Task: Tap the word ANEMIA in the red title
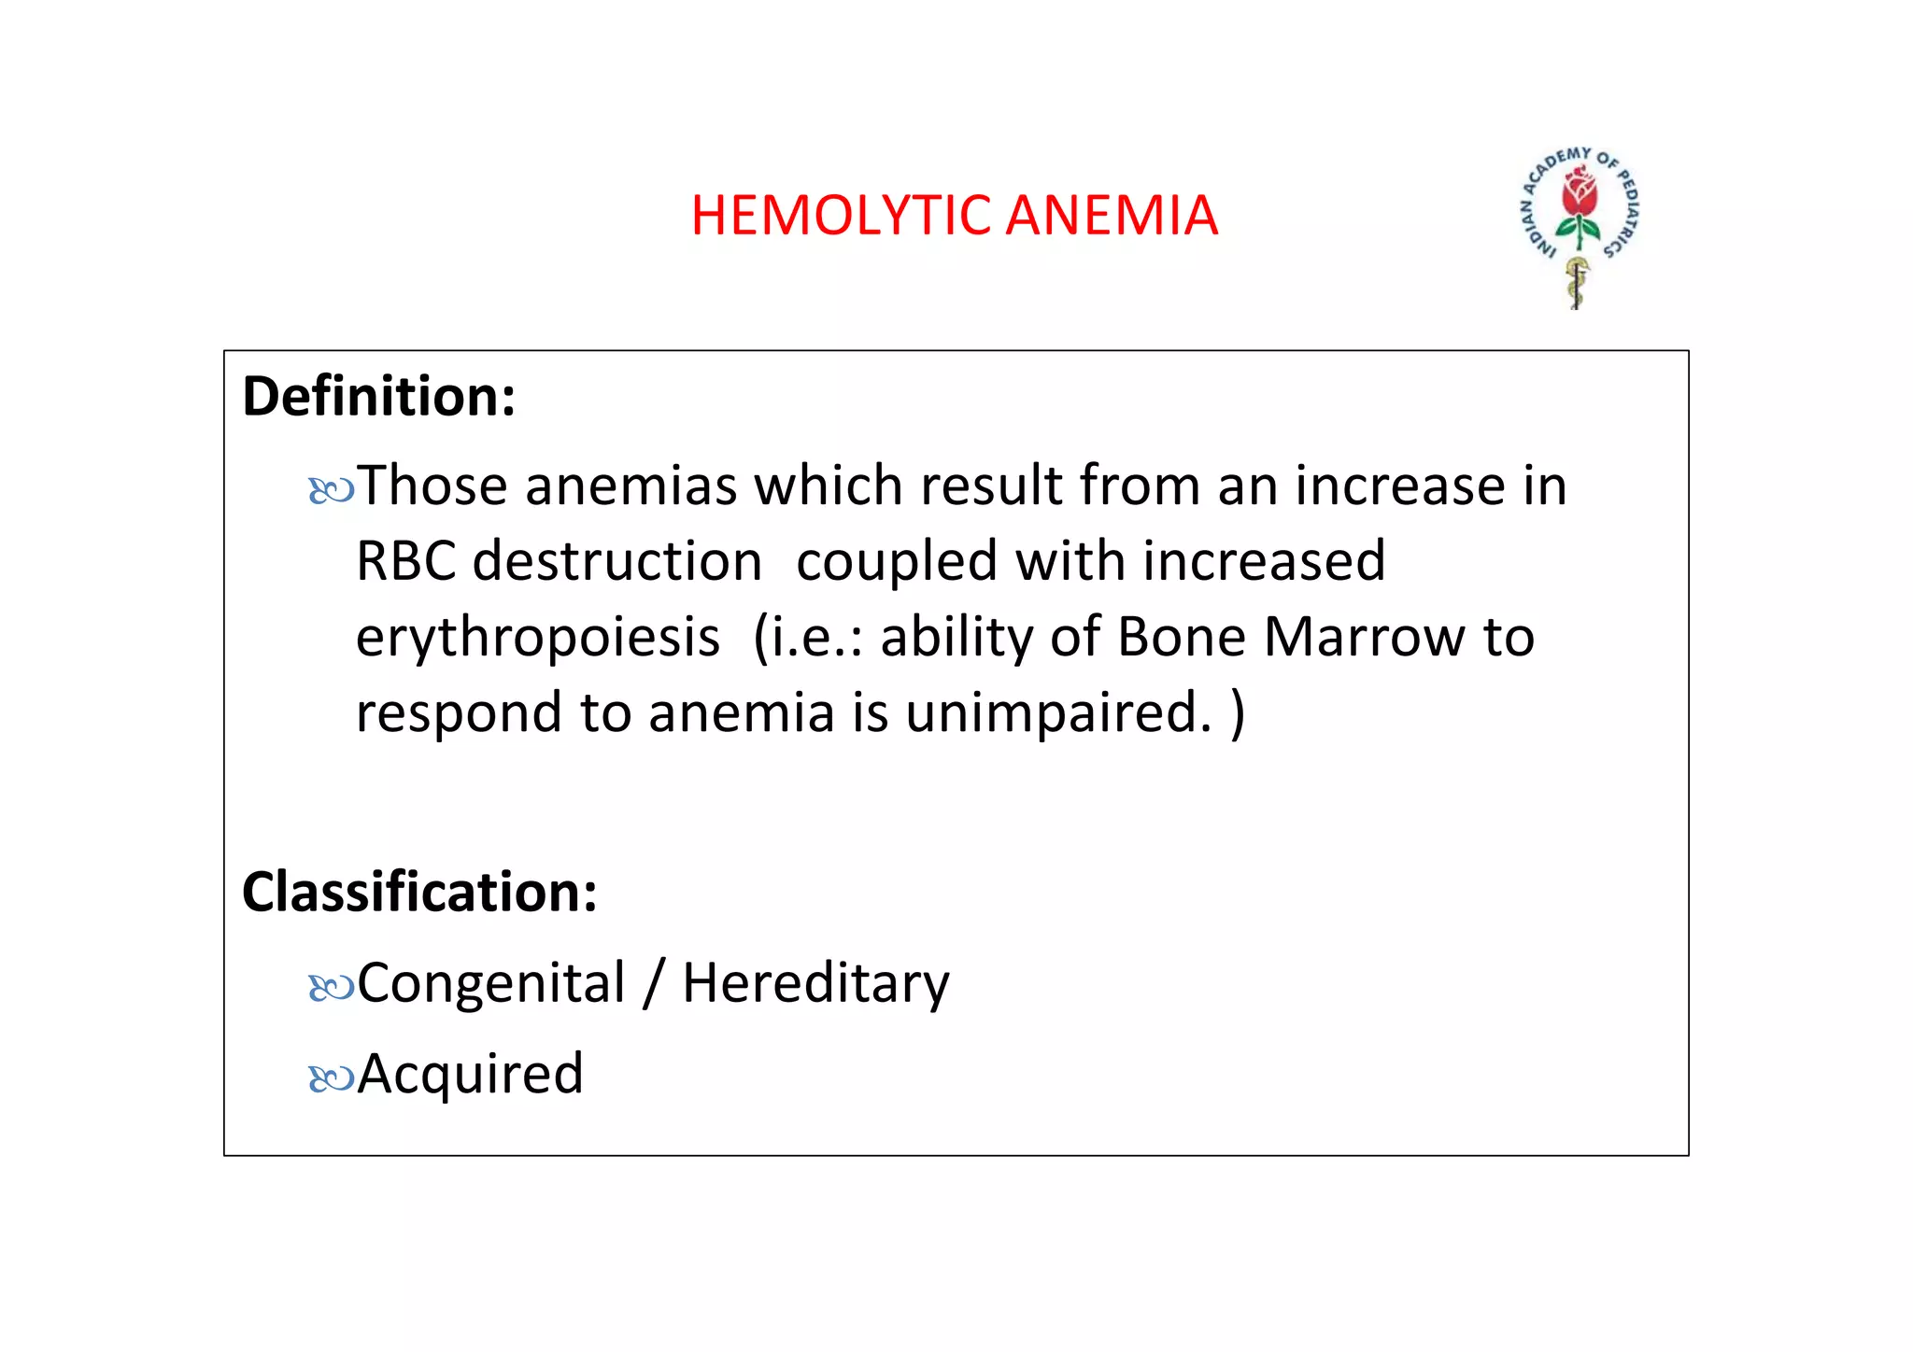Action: coord(1112,216)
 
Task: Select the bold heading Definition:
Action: coord(378,397)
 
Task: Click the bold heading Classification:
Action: coord(419,892)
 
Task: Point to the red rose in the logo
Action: coord(1580,192)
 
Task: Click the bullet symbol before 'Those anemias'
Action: coord(331,490)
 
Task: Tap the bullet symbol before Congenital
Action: coord(331,987)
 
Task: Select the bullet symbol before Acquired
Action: coord(331,1078)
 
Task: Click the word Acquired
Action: coord(470,1074)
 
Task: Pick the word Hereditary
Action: coord(815,983)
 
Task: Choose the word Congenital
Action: coord(490,983)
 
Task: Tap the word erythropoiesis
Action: coord(538,638)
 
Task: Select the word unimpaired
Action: coord(1058,713)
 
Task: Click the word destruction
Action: coord(617,562)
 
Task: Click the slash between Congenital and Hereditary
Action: coord(654,983)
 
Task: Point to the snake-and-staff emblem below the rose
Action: coord(1578,283)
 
